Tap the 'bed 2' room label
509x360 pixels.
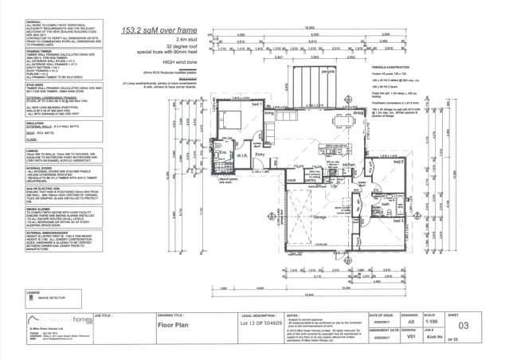click(398, 161)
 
